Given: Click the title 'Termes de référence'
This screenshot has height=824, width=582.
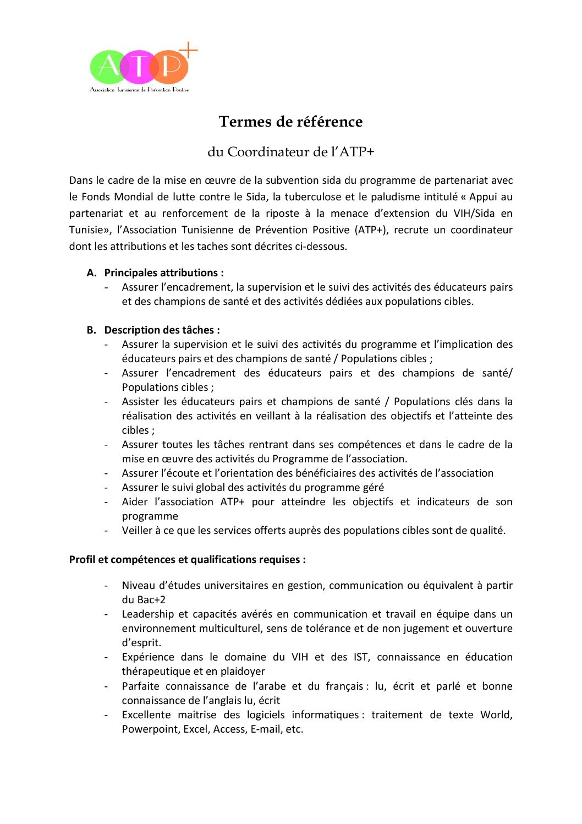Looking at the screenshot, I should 290,122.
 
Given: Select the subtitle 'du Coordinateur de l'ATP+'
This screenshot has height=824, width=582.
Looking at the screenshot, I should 290,152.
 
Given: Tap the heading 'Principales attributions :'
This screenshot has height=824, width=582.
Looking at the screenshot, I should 164,273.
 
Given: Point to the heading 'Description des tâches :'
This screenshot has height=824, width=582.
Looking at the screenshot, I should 162,330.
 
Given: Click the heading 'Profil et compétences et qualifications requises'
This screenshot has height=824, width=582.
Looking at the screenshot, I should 187,560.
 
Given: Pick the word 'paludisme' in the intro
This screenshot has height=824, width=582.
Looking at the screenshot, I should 394,197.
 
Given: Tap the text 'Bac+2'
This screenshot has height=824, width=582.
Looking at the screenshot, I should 151,600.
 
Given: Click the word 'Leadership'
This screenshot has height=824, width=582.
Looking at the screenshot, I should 146,614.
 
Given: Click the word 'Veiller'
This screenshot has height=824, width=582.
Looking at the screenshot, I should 137,531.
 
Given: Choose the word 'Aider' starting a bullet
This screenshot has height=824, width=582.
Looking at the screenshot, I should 135,502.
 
